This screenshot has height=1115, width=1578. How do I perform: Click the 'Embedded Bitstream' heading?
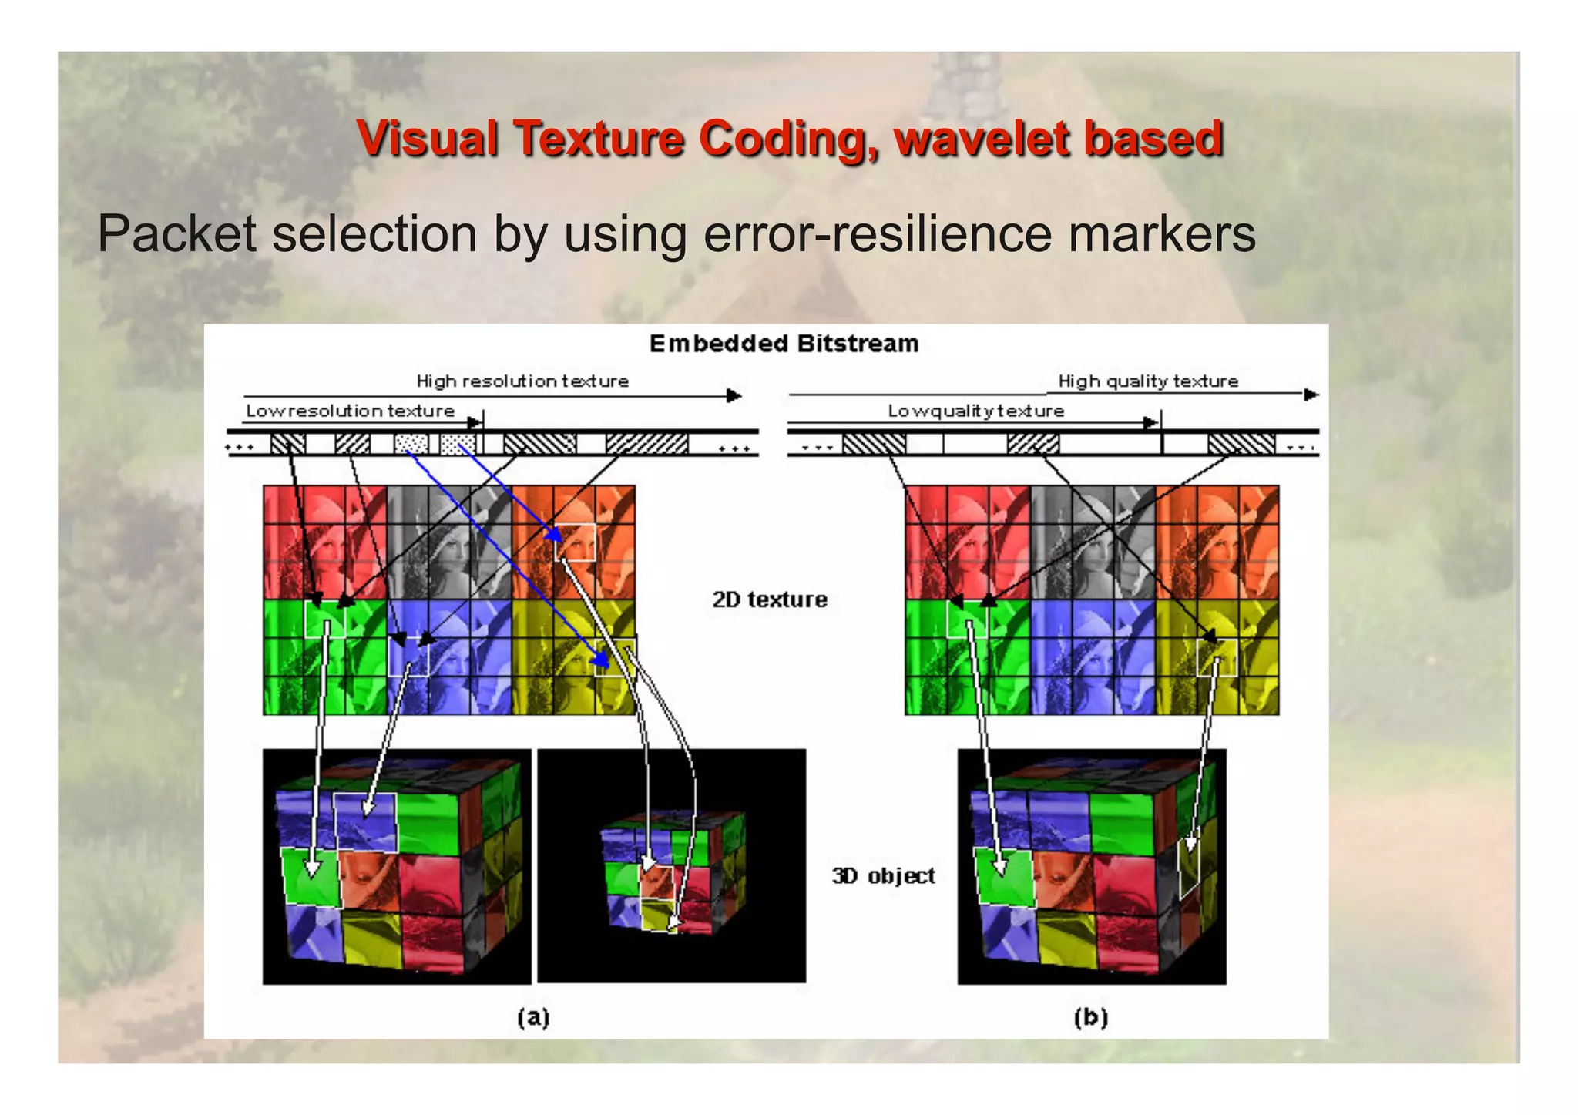(x=784, y=344)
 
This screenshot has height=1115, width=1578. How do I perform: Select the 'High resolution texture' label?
(x=522, y=381)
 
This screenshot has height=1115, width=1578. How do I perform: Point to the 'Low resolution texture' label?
(x=350, y=411)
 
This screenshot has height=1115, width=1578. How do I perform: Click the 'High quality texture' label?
(x=1147, y=381)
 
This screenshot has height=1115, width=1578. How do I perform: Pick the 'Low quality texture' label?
(x=975, y=411)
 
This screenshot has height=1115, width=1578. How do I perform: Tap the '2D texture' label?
(x=769, y=599)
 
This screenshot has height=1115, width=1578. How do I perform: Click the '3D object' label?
(x=883, y=876)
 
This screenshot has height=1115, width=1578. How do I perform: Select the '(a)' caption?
(x=533, y=1017)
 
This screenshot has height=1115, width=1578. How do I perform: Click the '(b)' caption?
(x=1090, y=1017)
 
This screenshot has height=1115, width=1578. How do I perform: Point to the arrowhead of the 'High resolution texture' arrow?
(x=734, y=395)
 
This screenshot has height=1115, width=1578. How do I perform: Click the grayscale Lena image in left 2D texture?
(x=448, y=542)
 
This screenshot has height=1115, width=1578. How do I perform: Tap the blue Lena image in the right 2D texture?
(x=1092, y=657)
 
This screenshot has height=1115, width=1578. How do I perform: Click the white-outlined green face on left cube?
(x=311, y=875)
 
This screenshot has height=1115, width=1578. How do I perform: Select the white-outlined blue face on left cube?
(x=366, y=821)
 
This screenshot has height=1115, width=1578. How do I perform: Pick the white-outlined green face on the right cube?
(x=1005, y=875)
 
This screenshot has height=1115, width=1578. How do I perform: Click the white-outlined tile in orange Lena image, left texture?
(x=575, y=542)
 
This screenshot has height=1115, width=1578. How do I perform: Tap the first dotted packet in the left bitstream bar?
(x=411, y=444)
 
